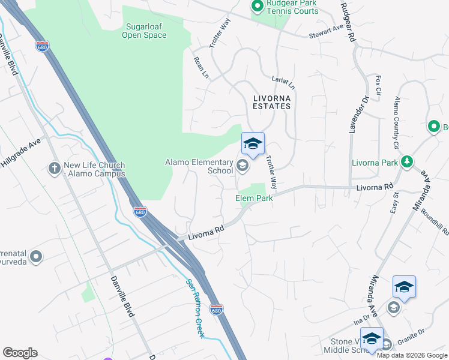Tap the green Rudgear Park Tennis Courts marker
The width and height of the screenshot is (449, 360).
257,6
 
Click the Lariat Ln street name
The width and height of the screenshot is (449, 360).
283,82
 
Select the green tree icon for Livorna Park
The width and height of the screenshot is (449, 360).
408,162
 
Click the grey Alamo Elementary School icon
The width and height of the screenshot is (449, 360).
243,166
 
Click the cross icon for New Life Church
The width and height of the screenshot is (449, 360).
55,169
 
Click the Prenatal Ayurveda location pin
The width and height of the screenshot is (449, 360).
36,257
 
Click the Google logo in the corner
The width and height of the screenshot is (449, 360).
20,353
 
